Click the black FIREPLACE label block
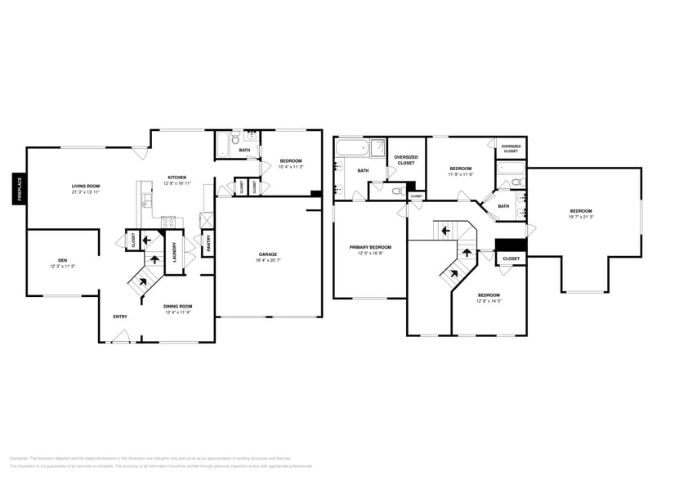pyautogui.click(x=18, y=190)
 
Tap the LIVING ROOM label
pyautogui.click(x=85, y=187)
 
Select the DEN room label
pyautogui.click(x=62, y=260)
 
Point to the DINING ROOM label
pyautogui.click(x=177, y=307)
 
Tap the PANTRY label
pyautogui.click(x=208, y=242)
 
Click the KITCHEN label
pyautogui.click(x=176, y=178)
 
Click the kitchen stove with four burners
pyautogui.click(x=168, y=221)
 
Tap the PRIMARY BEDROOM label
pyautogui.click(x=370, y=247)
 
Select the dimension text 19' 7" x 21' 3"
pyautogui.click(x=582, y=217)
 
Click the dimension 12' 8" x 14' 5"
pyautogui.click(x=489, y=300)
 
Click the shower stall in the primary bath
pyautogui.click(x=378, y=148)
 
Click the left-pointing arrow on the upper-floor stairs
pyautogui.click(x=444, y=230)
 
